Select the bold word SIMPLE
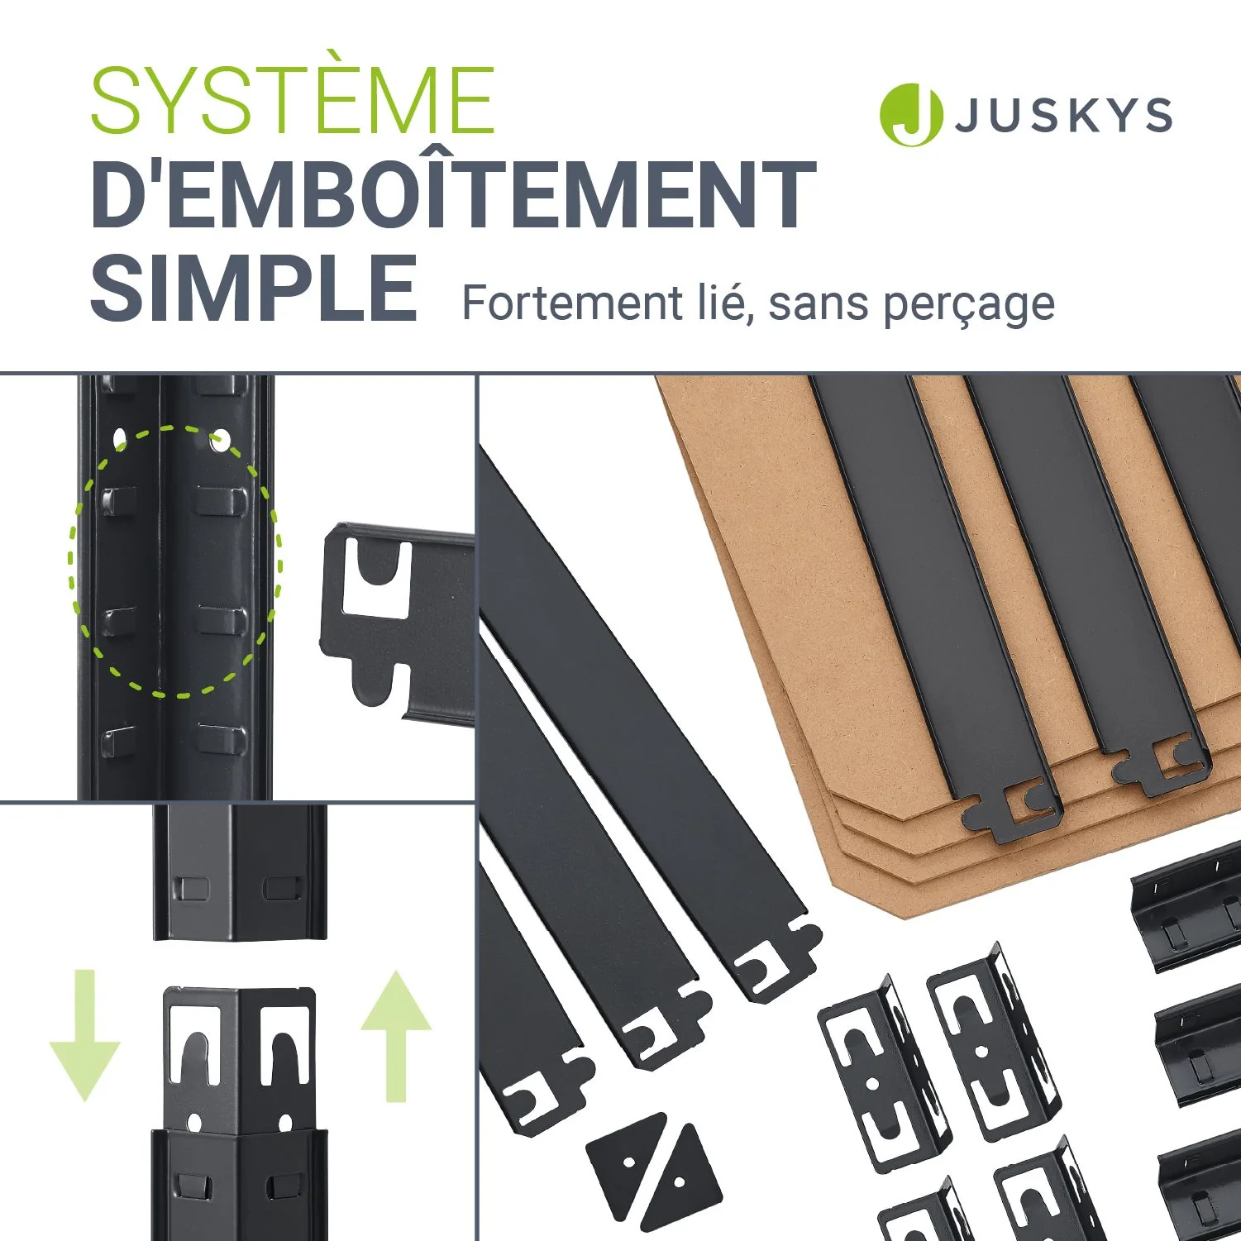[254, 288]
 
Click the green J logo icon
[911, 115]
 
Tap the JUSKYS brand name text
[1064, 115]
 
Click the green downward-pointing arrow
[85, 1035]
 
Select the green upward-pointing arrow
[396, 1036]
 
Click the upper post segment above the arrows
[240, 871]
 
